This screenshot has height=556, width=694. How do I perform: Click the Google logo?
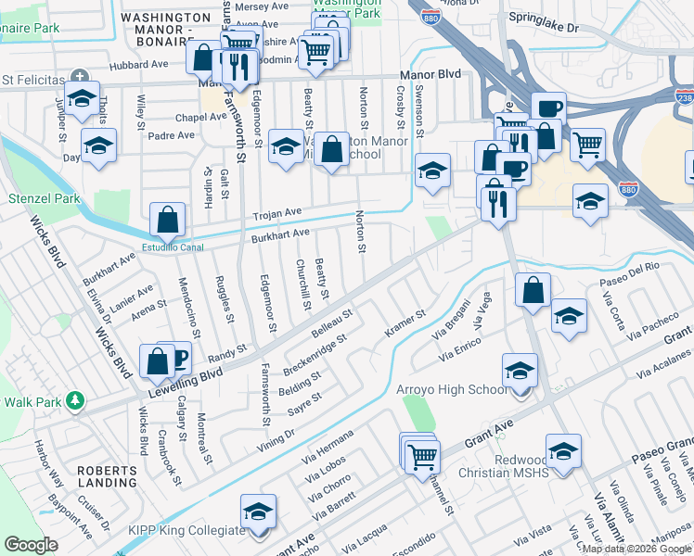31,545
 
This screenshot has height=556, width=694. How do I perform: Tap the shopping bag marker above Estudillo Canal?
168,221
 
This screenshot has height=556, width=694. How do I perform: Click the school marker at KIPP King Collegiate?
259,512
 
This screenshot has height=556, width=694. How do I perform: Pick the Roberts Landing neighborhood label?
107,476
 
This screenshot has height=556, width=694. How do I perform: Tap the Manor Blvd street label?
430,73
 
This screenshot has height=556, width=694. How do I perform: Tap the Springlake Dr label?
550,28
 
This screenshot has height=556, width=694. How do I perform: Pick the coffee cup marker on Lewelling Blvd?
176,358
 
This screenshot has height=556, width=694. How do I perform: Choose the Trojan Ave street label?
280,213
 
